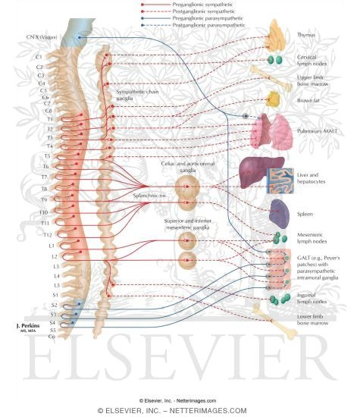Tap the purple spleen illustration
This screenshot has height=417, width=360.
(x=279, y=215)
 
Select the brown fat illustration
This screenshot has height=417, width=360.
(x=274, y=99)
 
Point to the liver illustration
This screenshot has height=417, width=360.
(x=261, y=171)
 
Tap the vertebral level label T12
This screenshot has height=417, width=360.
(x=48, y=235)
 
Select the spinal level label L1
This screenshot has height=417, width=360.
(x=51, y=246)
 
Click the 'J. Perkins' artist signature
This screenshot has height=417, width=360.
(x=29, y=325)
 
